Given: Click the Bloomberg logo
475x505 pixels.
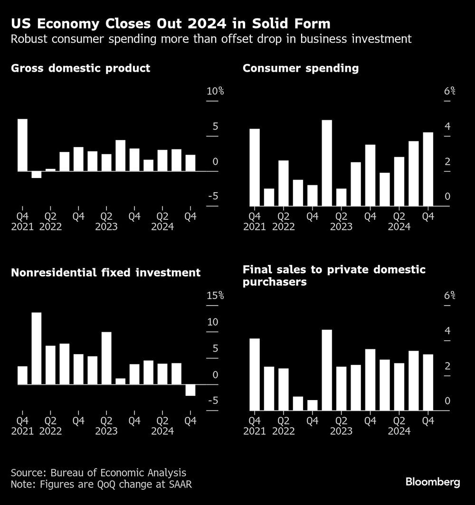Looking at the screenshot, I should pyautogui.click(x=433, y=482).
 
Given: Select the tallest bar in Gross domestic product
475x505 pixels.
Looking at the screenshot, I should pyautogui.click(x=22, y=145).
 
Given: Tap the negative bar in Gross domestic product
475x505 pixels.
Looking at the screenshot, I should pyautogui.click(x=37, y=174).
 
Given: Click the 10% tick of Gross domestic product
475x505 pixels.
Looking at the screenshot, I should pyautogui.click(x=215, y=91).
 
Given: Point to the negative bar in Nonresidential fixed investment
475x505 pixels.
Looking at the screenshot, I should pyautogui.click(x=190, y=390).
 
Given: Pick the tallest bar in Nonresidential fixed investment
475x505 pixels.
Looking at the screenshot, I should pyautogui.click(x=37, y=348).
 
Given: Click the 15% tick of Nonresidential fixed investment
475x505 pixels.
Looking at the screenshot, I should pyautogui.click(x=215, y=296).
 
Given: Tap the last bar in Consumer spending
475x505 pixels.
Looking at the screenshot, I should pyautogui.click(x=428, y=169).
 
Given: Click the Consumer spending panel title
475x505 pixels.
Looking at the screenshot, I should pyautogui.click(x=300, y=68).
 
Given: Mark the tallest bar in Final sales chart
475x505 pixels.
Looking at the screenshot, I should pyautogui.click(x=327, y=370).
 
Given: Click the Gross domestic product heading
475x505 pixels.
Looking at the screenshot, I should pyautogui.click(x=80, y=68).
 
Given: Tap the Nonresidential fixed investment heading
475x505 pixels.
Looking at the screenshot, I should pyautogui.click(x=105, y=273).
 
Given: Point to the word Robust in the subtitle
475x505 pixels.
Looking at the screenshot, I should pyautogui.click(x=30, y=39).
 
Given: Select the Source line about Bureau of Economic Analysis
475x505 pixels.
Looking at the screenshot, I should pyautogui.click(x=98, y=473).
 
